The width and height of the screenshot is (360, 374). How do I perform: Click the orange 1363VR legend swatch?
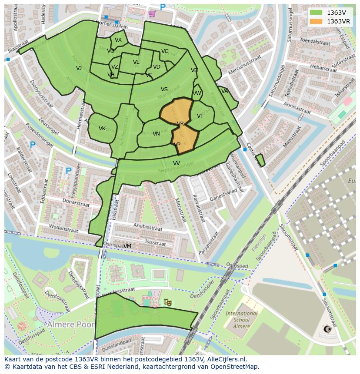316,21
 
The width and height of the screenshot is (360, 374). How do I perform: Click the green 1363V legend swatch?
316,13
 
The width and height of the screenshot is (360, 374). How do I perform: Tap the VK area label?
102,129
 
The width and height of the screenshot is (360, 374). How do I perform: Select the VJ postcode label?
79,68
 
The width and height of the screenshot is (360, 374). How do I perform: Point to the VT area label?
200,116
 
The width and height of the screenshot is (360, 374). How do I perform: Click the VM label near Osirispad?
127,246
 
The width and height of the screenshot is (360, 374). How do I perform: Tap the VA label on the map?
224,91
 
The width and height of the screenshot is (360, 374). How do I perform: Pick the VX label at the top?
118,40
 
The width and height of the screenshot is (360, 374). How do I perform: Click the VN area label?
156,134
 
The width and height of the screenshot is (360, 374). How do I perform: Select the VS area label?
164,89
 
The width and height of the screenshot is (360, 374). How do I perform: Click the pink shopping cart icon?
152,13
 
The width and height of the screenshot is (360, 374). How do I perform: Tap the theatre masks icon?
167,301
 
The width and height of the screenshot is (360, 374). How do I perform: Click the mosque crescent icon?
329,329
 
